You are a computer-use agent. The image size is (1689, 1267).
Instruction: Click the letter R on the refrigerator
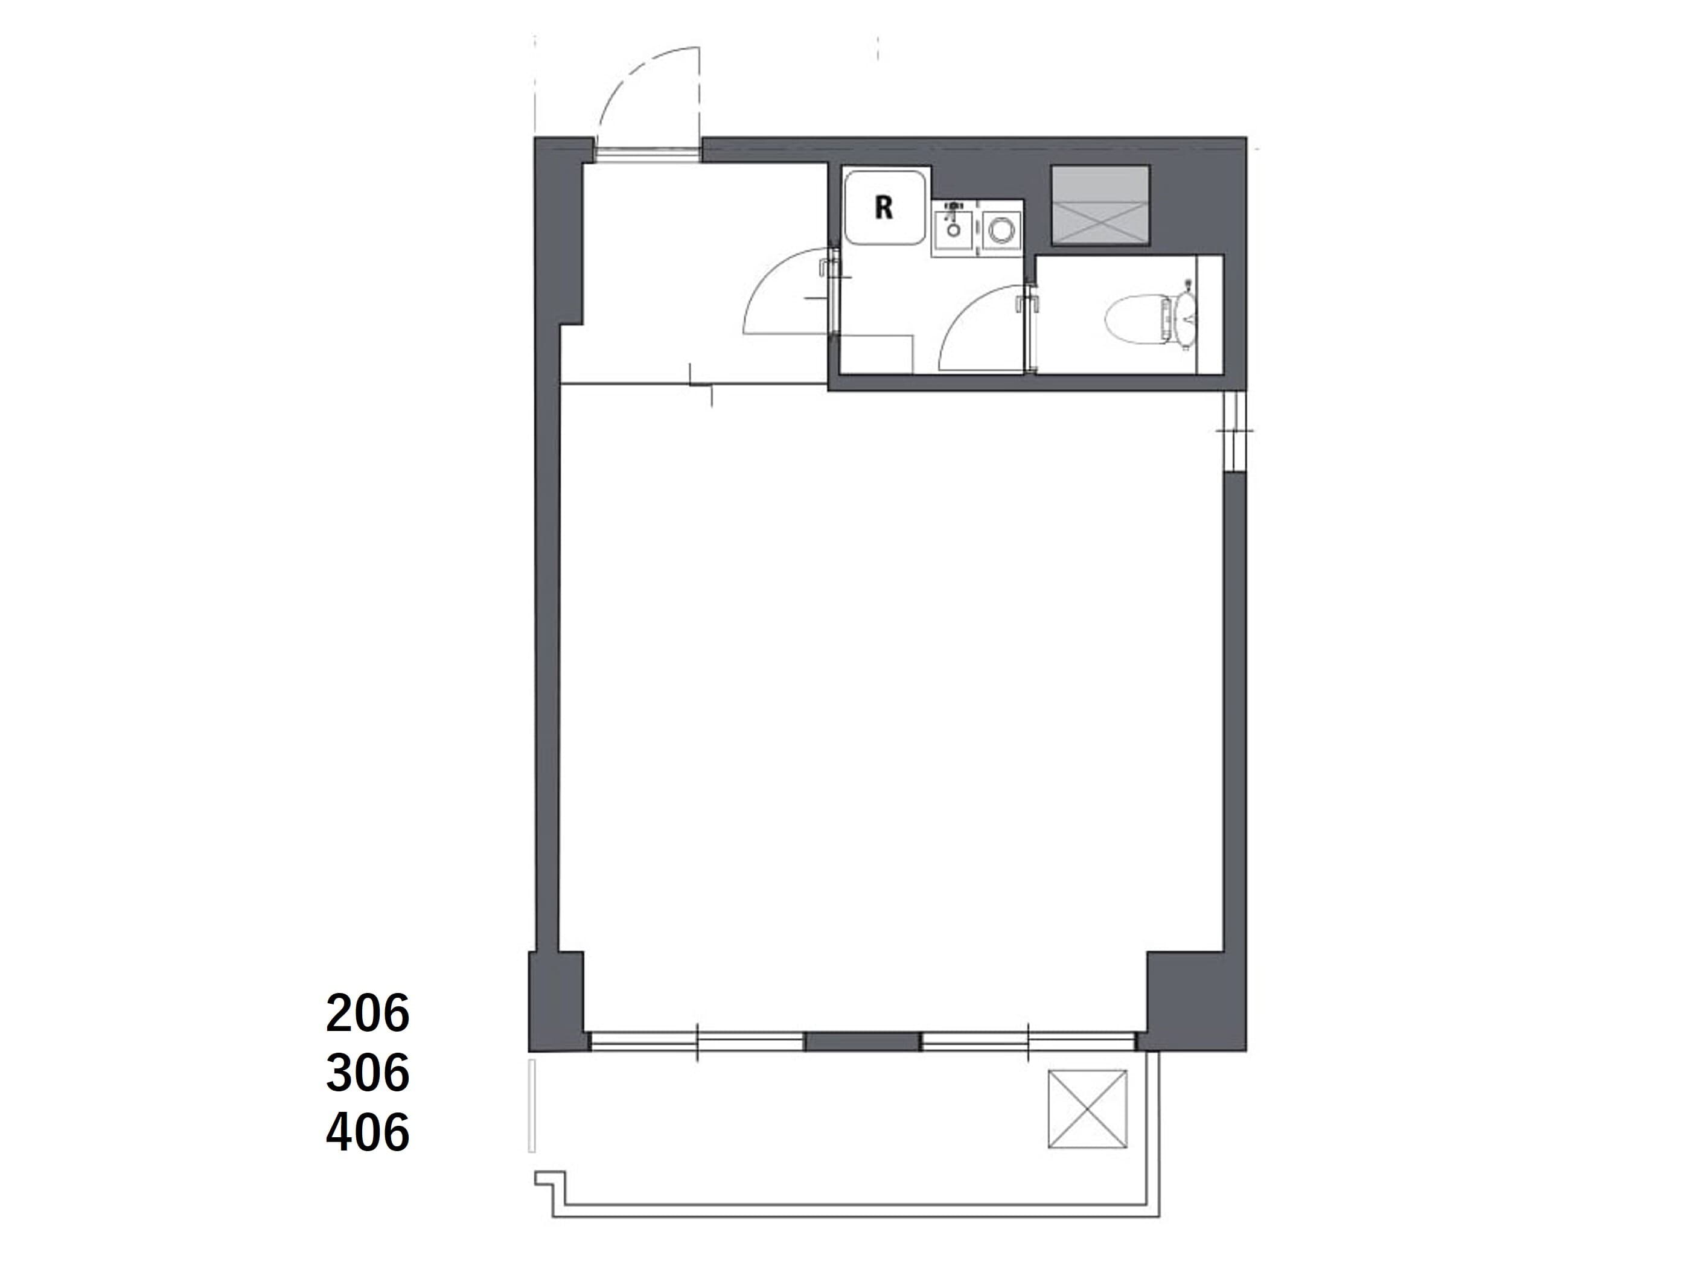click(884, 207)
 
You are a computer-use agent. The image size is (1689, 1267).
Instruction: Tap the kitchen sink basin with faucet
click(951, 229)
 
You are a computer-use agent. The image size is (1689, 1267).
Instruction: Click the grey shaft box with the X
click(1100, 205)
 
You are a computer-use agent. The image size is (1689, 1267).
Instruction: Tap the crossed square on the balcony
click(1087, 1109)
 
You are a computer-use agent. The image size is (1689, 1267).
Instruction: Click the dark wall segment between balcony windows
click(863, 1042)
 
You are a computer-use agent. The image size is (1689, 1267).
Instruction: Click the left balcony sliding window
click(697, 1042)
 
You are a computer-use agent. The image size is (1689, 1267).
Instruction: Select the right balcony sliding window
click(1028, 1042)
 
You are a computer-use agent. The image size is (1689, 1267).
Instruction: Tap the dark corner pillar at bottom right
click(1195, 1002)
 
